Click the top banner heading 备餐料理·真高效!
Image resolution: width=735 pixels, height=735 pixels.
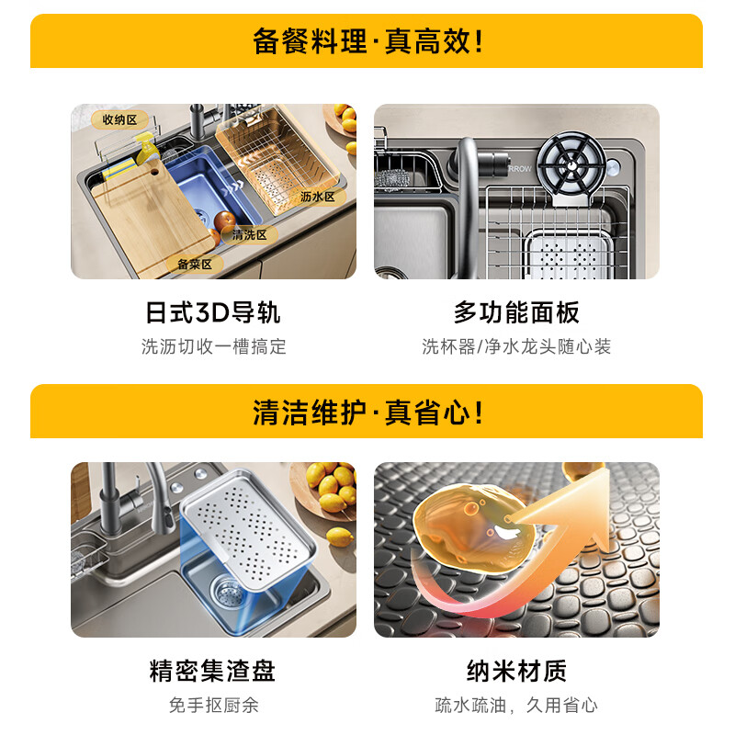pos(367,41)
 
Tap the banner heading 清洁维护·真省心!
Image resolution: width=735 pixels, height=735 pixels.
pos(367,413)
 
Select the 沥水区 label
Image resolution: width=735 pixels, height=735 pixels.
pos(318,197)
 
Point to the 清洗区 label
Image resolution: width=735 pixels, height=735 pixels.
pos(249,235)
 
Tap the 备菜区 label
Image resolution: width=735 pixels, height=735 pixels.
pos(194,265)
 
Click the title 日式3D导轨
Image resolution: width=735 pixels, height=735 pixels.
pos(213,312)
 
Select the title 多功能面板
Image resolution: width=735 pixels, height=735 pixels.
pos(516,312)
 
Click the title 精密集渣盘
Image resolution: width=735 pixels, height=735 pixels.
pos(212,671)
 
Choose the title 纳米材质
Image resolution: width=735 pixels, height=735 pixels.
pos(516,671)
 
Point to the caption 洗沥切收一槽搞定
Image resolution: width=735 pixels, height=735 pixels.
pos(213,346)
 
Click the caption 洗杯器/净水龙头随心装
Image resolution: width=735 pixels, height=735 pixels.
pos(516,346)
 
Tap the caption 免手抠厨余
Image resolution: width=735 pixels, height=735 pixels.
pos(212,705)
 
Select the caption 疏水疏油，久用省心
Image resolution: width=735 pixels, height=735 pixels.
pos(516,705)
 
